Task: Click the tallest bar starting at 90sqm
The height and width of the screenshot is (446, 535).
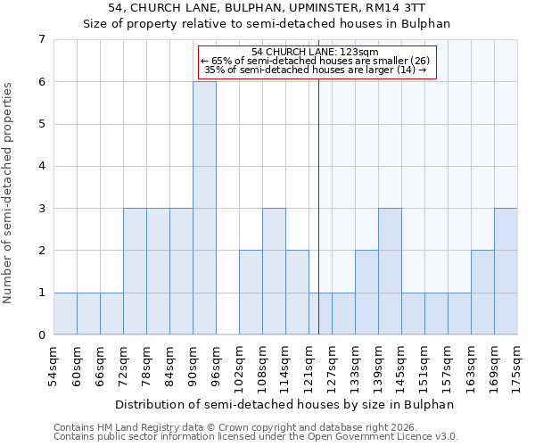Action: click(204, 208)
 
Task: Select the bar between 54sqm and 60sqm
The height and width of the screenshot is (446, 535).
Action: click(65, 314)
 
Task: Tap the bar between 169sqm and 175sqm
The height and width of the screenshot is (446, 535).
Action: click(506, 271)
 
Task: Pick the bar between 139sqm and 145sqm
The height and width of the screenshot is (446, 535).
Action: click(390, 271)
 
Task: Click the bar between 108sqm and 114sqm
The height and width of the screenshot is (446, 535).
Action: click(274, 271)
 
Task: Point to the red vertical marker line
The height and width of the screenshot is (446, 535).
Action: click(318, 187)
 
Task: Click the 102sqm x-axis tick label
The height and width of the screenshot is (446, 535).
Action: click(239, 370)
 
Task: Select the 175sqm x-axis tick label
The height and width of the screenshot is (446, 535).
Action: click(516, 370)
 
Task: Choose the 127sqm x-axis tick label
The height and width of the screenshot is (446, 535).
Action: click(332, 370)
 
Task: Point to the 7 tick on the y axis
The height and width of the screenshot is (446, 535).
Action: click(42, 39)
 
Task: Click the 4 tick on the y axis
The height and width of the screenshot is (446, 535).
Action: click(42, 166)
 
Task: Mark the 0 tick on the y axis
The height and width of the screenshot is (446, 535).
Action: click(42, 334)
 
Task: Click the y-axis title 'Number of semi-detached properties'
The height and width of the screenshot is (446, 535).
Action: click(7, 193)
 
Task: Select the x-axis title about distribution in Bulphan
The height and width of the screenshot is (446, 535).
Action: click(284, 405)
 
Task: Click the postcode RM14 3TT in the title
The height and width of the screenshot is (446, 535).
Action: click(395, 7)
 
